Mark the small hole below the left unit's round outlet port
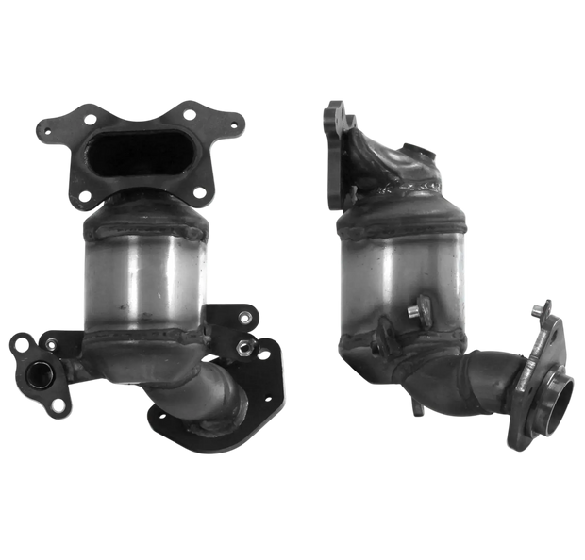(x=58, y=407)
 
